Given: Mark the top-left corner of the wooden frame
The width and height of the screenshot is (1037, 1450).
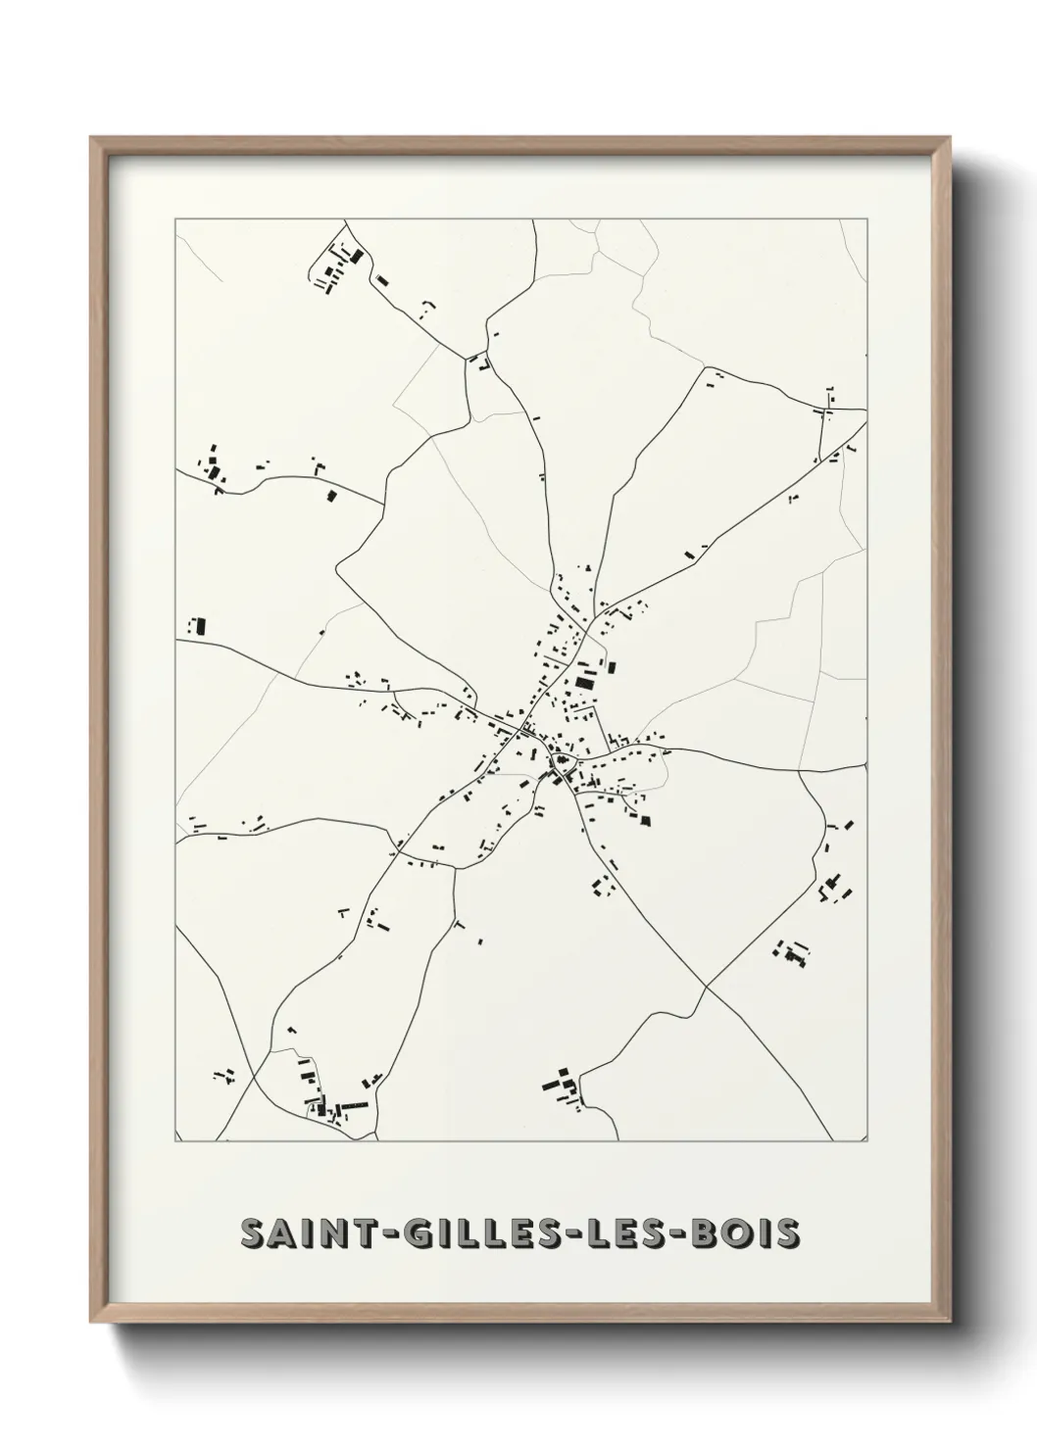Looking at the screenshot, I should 92,138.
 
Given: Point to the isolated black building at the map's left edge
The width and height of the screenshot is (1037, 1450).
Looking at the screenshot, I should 200,625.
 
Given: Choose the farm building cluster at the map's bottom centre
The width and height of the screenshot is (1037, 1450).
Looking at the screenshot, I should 561,1087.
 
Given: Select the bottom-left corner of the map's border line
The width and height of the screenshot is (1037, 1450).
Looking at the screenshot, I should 175,1141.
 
